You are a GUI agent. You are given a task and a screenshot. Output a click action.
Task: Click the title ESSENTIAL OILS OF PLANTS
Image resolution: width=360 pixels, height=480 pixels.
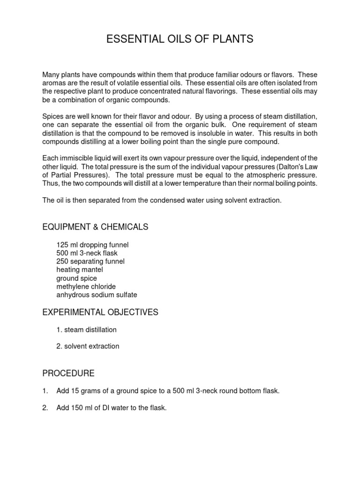[x=180, y=39]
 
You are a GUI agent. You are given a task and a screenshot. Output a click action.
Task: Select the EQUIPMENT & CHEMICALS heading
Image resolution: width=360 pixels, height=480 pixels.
[x=95, y=227]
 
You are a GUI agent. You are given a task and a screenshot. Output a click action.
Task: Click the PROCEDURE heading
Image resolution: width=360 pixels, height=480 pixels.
[x=68, y=373]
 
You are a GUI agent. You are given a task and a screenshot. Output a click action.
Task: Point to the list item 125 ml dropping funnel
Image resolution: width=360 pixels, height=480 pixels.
[x=92, y=245]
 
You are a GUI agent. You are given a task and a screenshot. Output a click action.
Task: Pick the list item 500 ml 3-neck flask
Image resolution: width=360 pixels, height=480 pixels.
[x=87, y=253]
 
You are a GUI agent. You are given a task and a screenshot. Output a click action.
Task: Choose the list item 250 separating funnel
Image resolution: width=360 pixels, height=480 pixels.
[x=90, y=262]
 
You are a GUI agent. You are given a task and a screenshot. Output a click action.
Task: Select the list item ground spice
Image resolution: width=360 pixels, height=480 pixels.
[x=76, y=278]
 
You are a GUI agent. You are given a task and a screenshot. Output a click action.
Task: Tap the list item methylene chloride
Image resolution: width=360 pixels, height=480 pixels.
[x=86, y=286]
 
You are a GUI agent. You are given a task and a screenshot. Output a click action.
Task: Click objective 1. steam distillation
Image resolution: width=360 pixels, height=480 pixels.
[x=86, y=330]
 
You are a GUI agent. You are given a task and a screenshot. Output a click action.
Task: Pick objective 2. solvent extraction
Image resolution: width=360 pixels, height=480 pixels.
[x=88, y=346]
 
